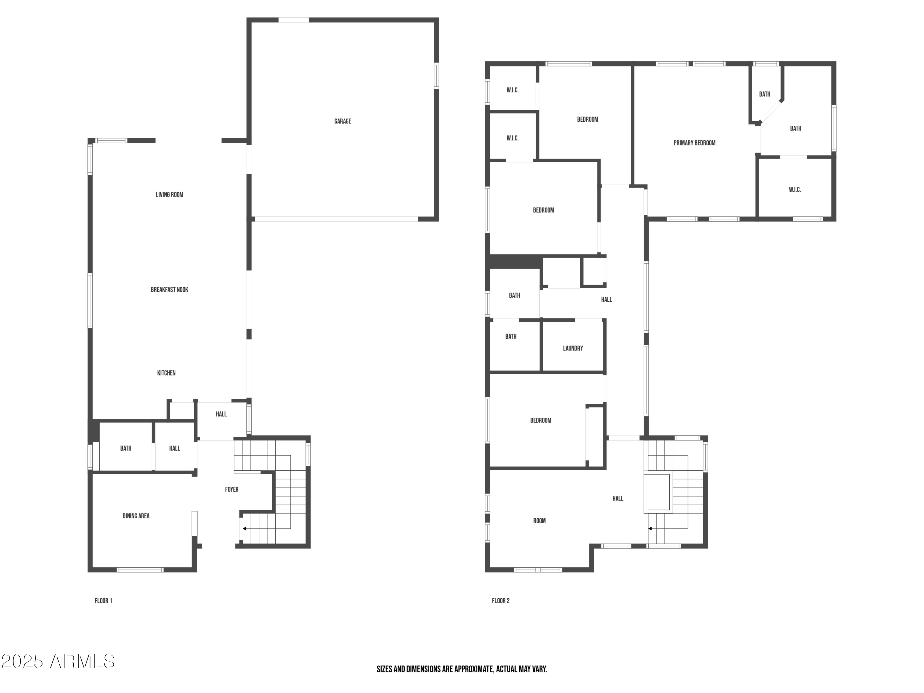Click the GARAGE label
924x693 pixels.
tap(342, 121)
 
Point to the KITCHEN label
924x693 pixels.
tap(166, 373)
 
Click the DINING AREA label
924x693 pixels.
tap(136, 516)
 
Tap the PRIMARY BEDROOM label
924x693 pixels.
tap(694, 143)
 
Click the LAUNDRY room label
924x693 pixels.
tap(573, 348)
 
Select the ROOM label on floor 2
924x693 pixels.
tap(539, 521)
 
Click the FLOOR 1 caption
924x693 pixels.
tap(103, 601)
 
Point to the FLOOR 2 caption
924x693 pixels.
tap(500, 601)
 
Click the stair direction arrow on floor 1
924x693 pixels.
tap(244, 529)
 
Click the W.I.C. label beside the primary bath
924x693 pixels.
tap(795, 190)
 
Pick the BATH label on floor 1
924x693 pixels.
tap(126, 448)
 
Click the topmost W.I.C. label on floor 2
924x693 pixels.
tap(513, 90)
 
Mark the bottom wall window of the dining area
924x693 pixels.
tap(140, 570)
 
